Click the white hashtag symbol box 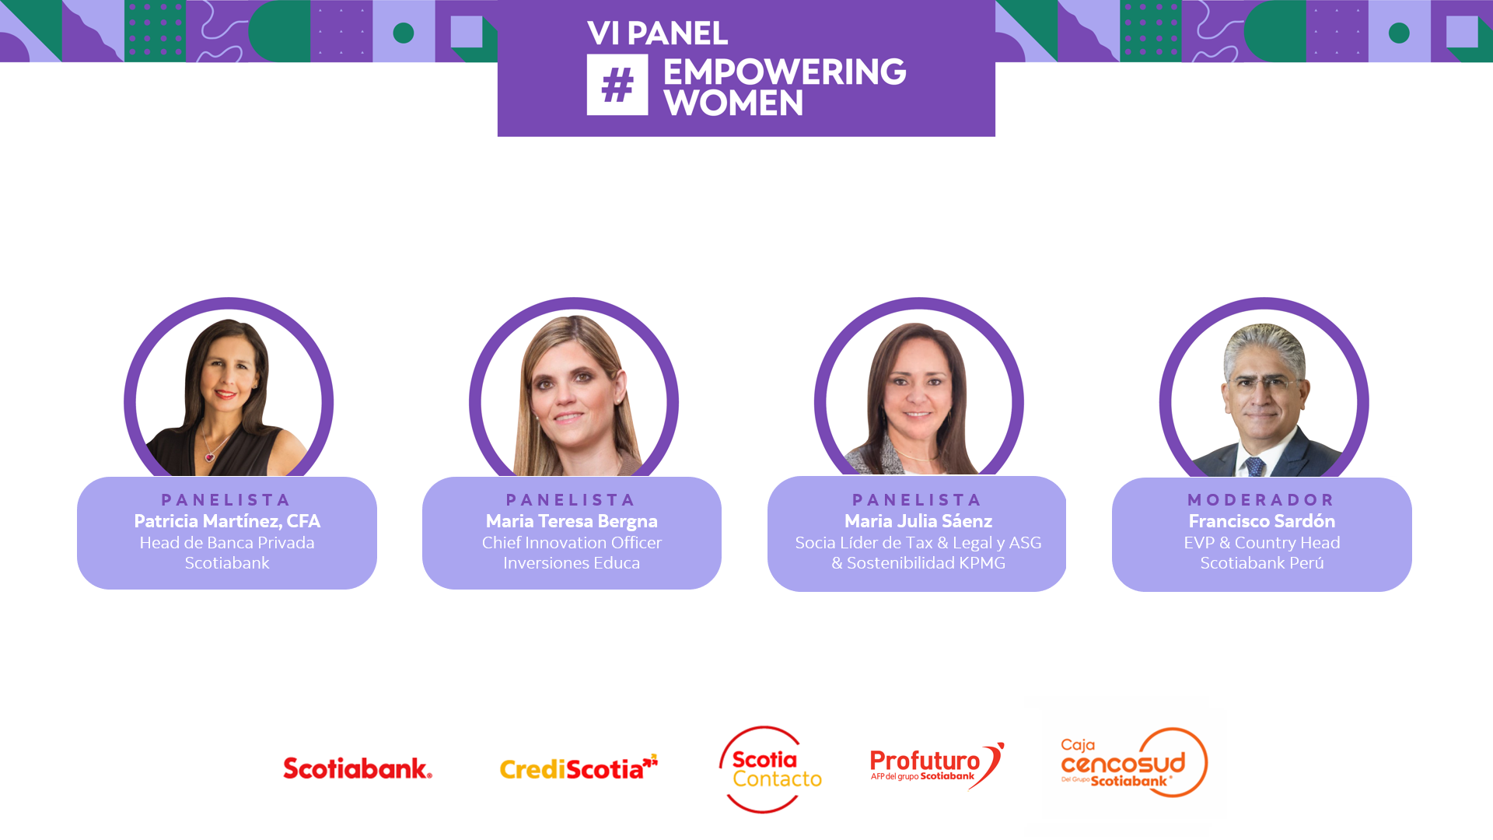tap(617, 85)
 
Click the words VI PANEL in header tap(657, 33)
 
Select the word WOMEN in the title tap(733, 103)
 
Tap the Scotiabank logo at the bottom tap(357, 768)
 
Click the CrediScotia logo tap(578, 768)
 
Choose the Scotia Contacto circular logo tap(769, 769)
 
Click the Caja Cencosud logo tap(1133, 763)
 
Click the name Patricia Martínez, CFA tap(227, 521)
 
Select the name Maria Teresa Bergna tap(572, 521)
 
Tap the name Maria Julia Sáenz tap(918, 521)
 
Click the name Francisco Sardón tap(1261, 521)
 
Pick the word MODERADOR tap(1261, 500)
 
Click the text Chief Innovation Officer tap(572, 543)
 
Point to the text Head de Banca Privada tap(227, 543)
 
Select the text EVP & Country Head tap(1261, 543)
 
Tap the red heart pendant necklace tap(209, 457)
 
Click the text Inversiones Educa tap(572, 563)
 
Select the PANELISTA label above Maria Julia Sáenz tap(918, 500)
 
